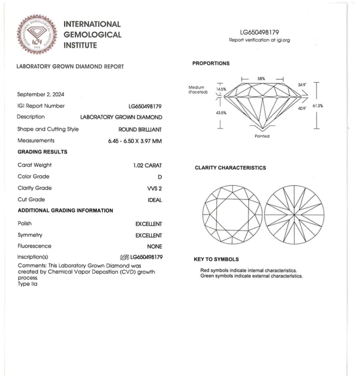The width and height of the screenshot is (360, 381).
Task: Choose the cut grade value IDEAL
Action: point(154,200)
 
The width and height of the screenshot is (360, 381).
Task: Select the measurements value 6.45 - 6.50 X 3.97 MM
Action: point(135,141)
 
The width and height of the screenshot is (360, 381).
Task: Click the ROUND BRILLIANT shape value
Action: point(140,129)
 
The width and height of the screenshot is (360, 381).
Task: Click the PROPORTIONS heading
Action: point(211,64)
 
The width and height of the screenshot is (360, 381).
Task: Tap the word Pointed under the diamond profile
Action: point(262,136)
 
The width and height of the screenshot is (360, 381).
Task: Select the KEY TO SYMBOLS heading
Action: point(216,259)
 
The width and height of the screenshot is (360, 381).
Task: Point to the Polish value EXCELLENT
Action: point(148,224)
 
